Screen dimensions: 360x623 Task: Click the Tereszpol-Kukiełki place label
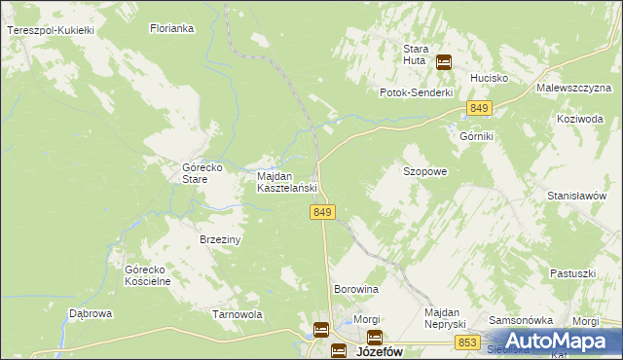click(50, 31)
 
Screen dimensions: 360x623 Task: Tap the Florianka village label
click(172, 29)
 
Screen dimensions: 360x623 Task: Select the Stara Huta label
click(417, 54)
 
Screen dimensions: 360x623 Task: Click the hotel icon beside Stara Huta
click(444, 62)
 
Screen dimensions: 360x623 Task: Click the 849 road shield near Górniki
click(478, 108)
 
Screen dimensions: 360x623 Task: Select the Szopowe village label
click(425, 171)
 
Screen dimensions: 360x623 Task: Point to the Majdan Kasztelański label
click(288, 182)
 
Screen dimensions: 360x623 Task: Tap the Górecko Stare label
click(204, 173)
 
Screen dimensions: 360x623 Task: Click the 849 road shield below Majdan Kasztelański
click(325, 212)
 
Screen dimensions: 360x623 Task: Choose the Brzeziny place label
click(220, 238)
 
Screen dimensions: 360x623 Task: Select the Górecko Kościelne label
click(148, 275)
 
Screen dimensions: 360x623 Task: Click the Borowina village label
click(355, 290)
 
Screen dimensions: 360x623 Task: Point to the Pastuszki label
click(571, 273)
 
